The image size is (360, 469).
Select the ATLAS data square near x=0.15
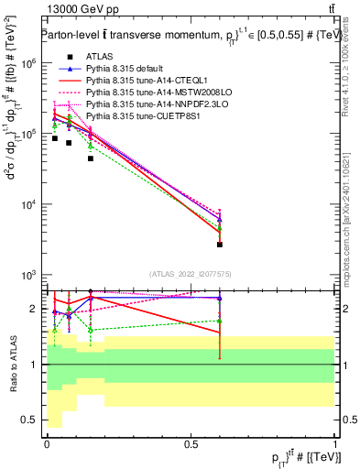pyautogui.click(x=91, y=158)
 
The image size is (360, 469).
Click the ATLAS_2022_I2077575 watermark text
pyautogui.click(x=191, y=273)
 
